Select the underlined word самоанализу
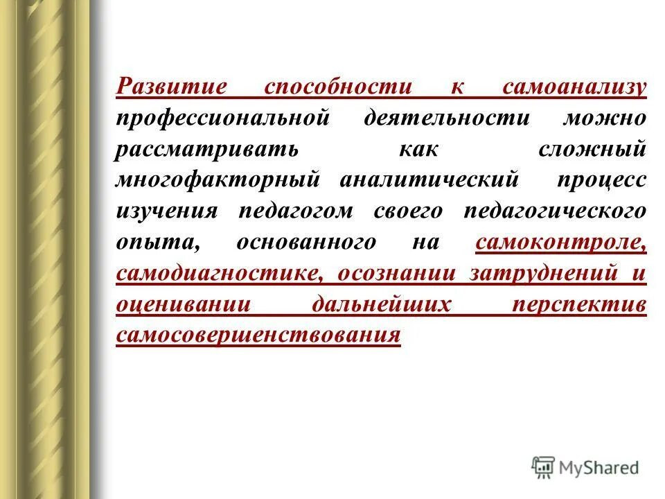tap(574, 88)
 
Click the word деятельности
tap(456, 119)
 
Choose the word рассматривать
tap(197, 150)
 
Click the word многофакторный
tap(218, 180)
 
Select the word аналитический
tap(429, 180)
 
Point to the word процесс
tap(601, 180)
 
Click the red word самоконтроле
tap(560, 242)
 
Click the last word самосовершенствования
tap(258, 335)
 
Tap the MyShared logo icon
tap(544, 466)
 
